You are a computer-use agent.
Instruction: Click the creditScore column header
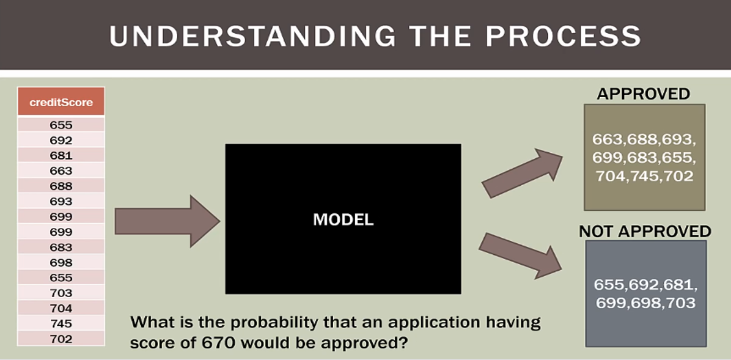pyautogui.click(x=61, y=102)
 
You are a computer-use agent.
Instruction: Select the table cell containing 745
pyautogui.click(x=61, y=323)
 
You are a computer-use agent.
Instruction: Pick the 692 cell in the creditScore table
pyautogui.click(x=61, y=140)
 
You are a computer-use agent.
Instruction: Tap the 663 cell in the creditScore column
pyautogui.click(x=61, y=171)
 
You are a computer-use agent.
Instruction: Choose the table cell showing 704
pyautogui.click(x=61, y=308)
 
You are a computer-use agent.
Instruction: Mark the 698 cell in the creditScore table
pyautogui.click(x=61, y=262)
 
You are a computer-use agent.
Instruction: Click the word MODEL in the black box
pyautogui.click(x=343, y=219)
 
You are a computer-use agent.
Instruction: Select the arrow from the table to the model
pyautogui.click(x=167, y=221)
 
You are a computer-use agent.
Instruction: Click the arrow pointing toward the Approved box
pyautogui.click(x=522, y=173)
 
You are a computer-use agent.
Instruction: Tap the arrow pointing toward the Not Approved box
pyautogui.click(x=520, y=255)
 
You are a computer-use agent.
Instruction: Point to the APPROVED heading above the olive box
pyautogui.click(x=644, y=94)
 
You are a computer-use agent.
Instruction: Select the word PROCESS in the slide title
pyautogui.click(x=563, y=36)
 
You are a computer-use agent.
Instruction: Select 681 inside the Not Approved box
pyautogui.click(x=678, y=284)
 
